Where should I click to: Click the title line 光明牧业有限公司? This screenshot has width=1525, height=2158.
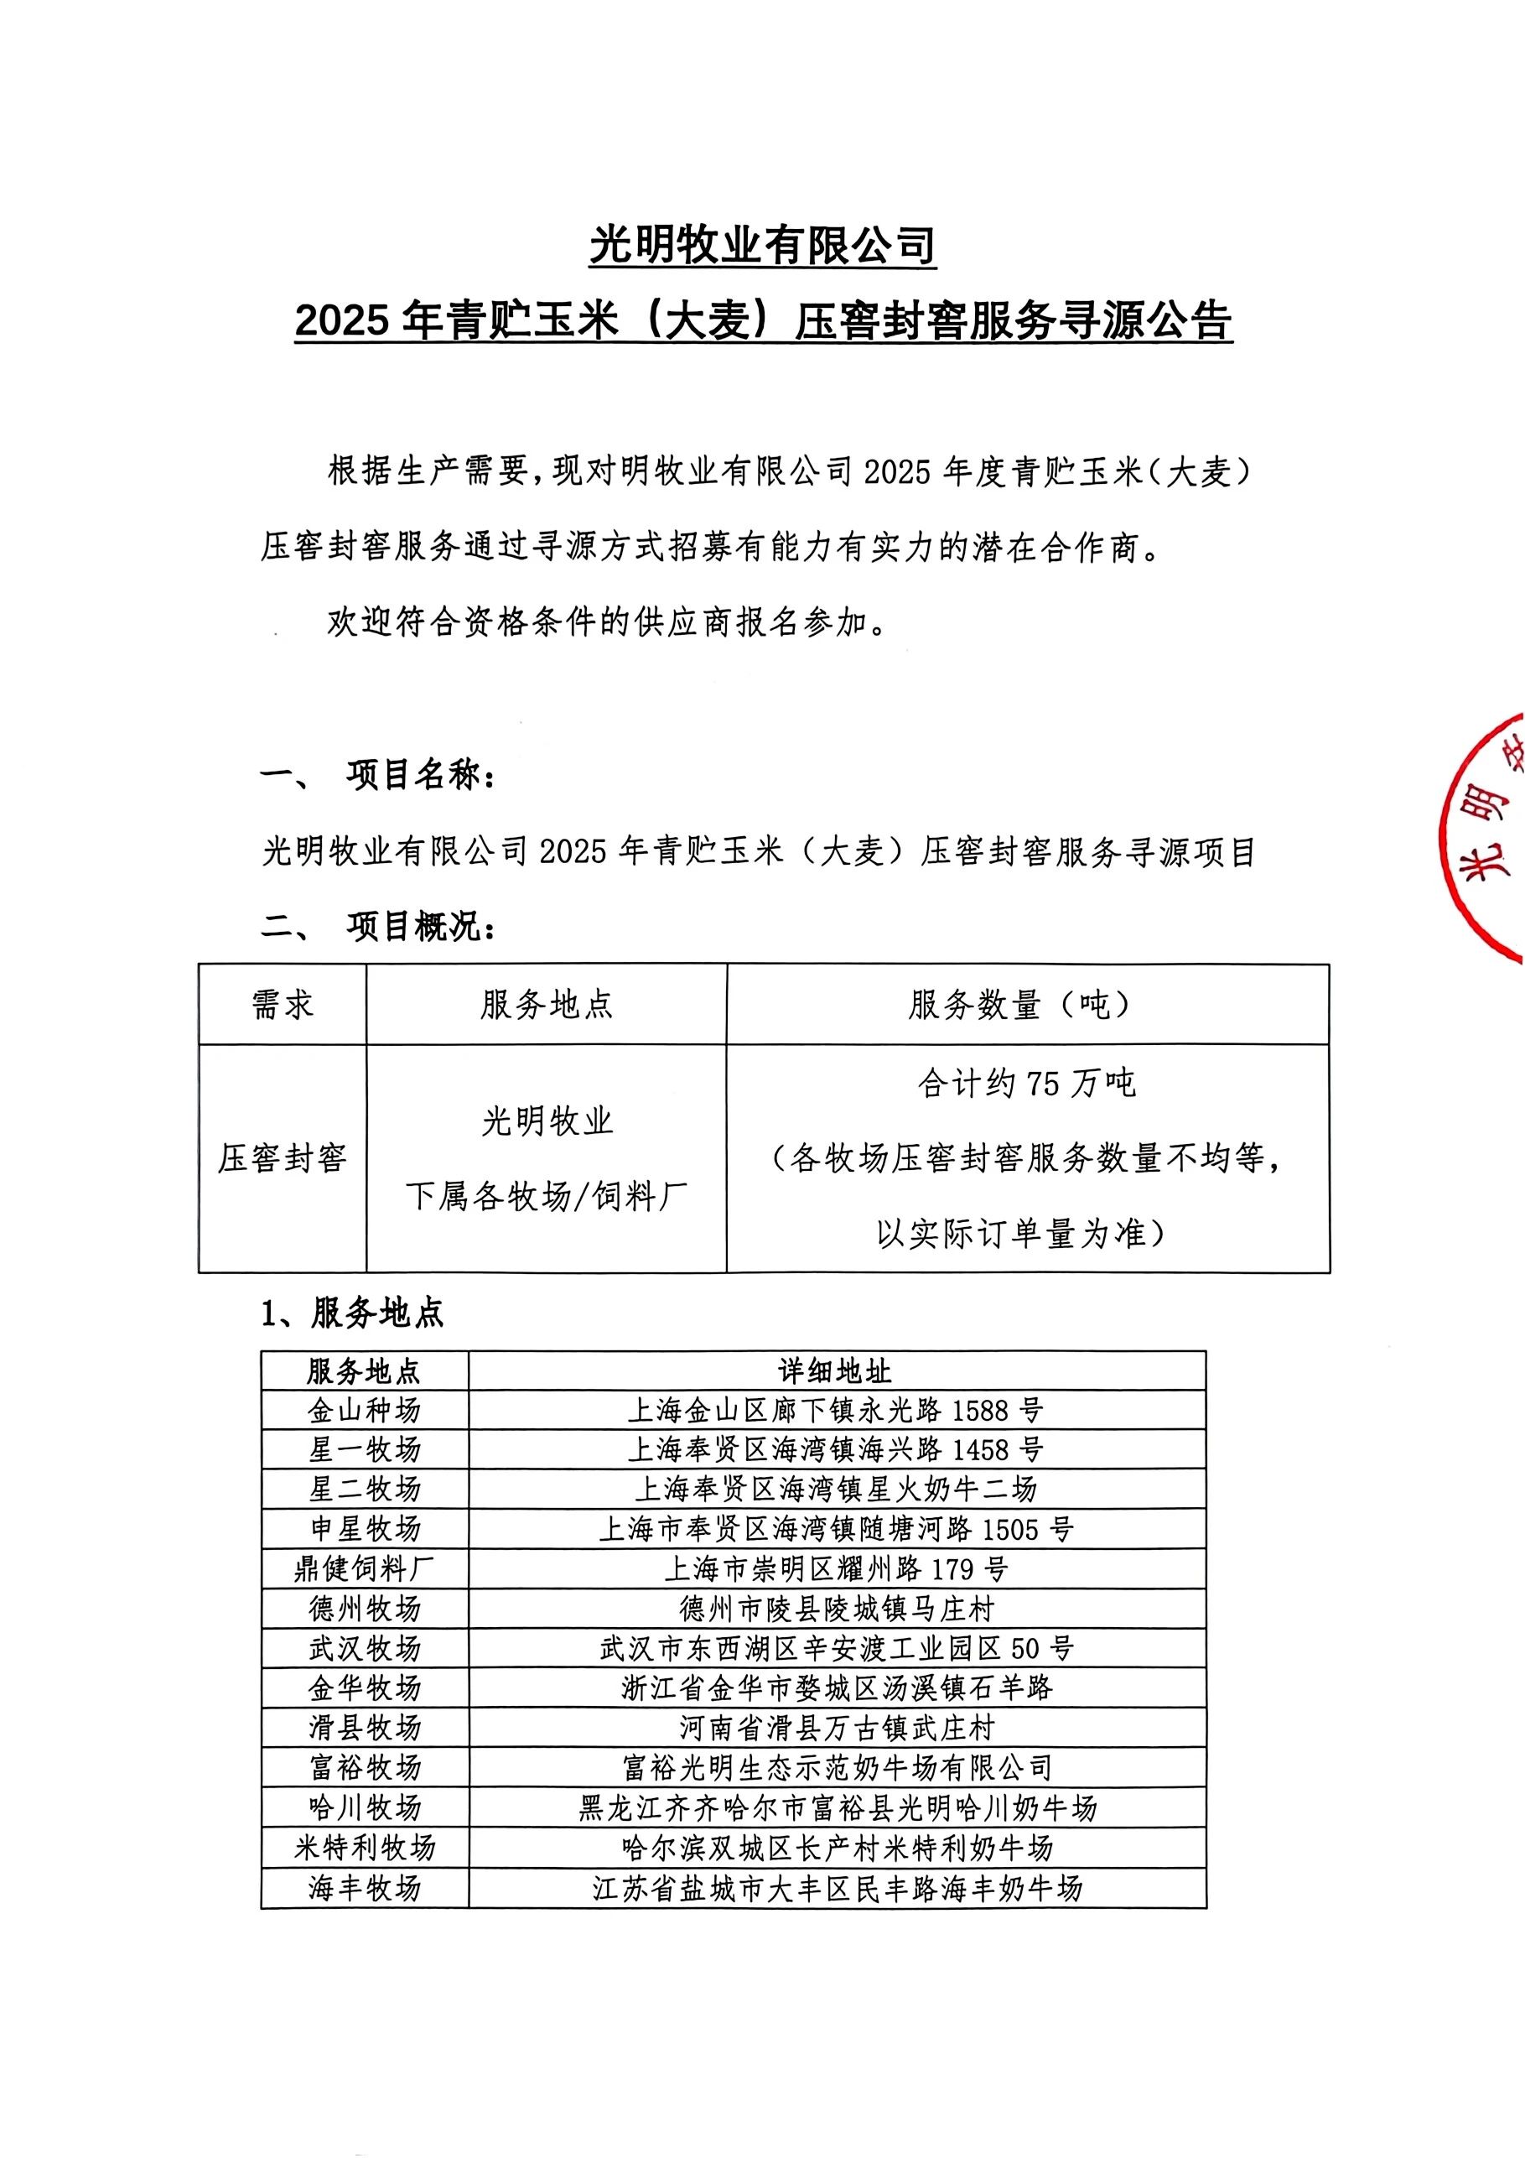pos(762,247)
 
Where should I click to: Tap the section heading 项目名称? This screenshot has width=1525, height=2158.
pos(423,777)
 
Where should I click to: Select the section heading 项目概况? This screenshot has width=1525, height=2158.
pos(423,928)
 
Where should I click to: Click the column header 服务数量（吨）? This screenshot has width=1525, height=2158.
pos(1026,1005)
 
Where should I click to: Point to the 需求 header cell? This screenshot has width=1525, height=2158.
pos(282,1005)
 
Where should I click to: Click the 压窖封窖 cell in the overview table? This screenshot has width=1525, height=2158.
pos(282,1158)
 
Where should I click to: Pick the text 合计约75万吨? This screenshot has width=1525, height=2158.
pos(1026,1084)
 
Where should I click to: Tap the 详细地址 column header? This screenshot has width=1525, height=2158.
pos(835,1371)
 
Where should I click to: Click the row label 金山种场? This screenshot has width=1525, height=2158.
pos(365,1411)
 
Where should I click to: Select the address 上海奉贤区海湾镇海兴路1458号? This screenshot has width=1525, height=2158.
pos(835,1450)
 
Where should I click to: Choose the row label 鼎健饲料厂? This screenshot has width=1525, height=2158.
pos(365,1568)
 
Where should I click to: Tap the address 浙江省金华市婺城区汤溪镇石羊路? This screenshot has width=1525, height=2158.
pos(835,1688)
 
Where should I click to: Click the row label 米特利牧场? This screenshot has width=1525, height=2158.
pos(365,1848)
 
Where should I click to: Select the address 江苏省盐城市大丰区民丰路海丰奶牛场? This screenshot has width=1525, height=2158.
pos(835,1887)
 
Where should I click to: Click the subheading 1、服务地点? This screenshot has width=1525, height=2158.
pos(352,1314)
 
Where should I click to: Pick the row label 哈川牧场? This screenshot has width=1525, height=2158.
pos(365,1807)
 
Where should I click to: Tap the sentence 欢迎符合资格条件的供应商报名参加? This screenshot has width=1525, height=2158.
pos(606,622)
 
